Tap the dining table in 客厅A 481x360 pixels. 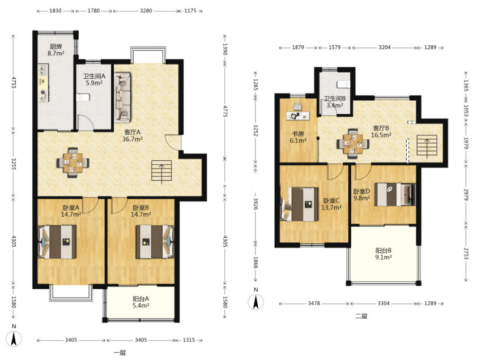tap(73, 162)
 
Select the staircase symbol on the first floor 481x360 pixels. tap(161, 172)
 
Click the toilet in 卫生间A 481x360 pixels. tap(83, 97)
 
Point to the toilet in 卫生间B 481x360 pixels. tap(343, 84)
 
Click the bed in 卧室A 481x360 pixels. tap(57, 242)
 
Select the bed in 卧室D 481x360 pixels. tap(395, 195)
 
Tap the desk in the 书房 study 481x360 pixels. tap(298, 115)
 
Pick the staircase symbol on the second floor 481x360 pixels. tap(427, 147)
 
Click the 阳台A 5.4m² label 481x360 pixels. tap(141, 302)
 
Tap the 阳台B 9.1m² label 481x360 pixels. tap(383, 254)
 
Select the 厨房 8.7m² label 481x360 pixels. tap(56, 50)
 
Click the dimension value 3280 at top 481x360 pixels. tap(146, 10)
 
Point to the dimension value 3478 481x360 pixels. tap(314, 303)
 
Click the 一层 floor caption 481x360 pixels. tap(120, 353)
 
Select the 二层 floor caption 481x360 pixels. tap(361, 316)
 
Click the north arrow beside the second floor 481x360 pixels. tap(256, 302)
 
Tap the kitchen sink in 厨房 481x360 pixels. tap(42, 70)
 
